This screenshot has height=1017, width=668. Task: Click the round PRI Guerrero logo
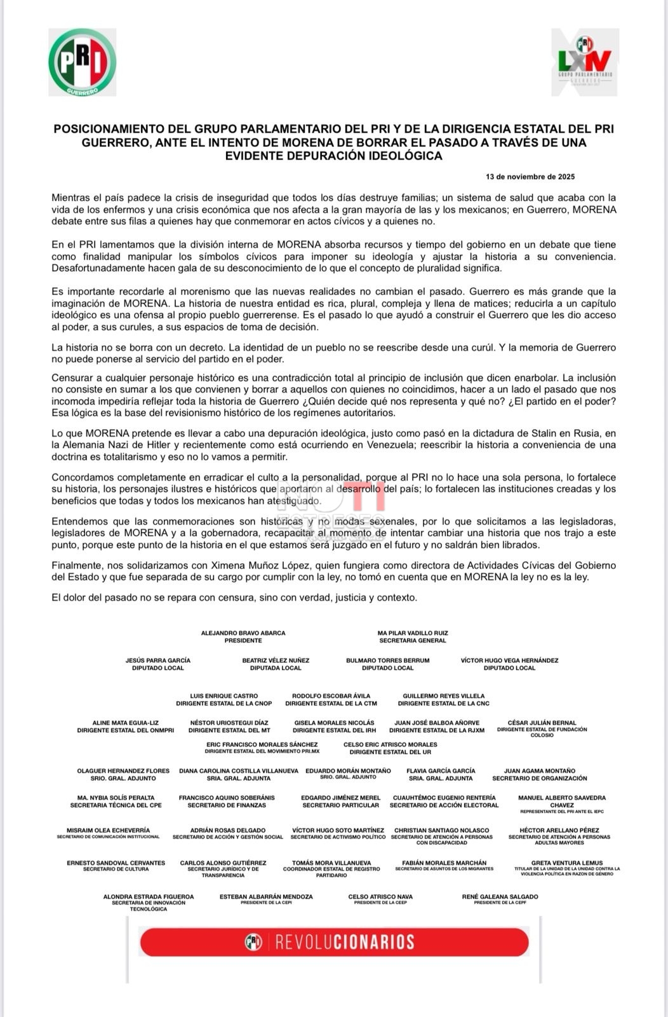tap(82, 62)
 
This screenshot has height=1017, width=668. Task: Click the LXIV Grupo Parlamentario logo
tap(585, 62)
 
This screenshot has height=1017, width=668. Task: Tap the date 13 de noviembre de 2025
tap(530, 177)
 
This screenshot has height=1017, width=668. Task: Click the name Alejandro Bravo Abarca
tap(243, 633)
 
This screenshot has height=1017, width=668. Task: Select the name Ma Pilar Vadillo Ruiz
tap(413, 633)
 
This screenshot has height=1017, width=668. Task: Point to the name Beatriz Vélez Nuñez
tap(276, 660)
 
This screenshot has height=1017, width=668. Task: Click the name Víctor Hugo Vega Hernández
tap(509, 660)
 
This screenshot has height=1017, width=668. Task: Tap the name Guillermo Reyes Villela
tap(444, 696)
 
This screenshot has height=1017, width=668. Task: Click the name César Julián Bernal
tap(542, 723)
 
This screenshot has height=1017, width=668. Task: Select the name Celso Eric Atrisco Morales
tap(390, 744)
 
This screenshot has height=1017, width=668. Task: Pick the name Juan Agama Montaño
tap(540, 771)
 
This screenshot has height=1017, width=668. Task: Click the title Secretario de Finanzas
tap(227, 805)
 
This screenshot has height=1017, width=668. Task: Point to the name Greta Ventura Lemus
tap(567, 863)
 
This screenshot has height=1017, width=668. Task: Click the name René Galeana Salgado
tap(500, 897)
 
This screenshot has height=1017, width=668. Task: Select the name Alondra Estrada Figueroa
tap(149, 897)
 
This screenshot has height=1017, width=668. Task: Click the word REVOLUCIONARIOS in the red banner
tap(345, 942)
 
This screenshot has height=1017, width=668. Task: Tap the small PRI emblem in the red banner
tap(253, 942)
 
